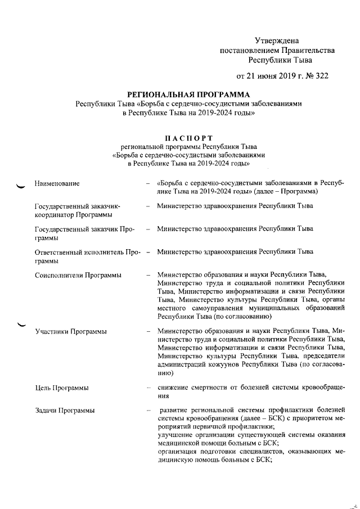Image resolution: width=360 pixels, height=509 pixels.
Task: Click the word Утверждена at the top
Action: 277,40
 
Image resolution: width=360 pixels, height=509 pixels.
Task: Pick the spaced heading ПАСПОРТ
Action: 188,137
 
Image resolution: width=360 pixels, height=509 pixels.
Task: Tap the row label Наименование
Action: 57,183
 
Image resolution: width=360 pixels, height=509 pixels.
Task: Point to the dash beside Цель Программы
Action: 148,388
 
